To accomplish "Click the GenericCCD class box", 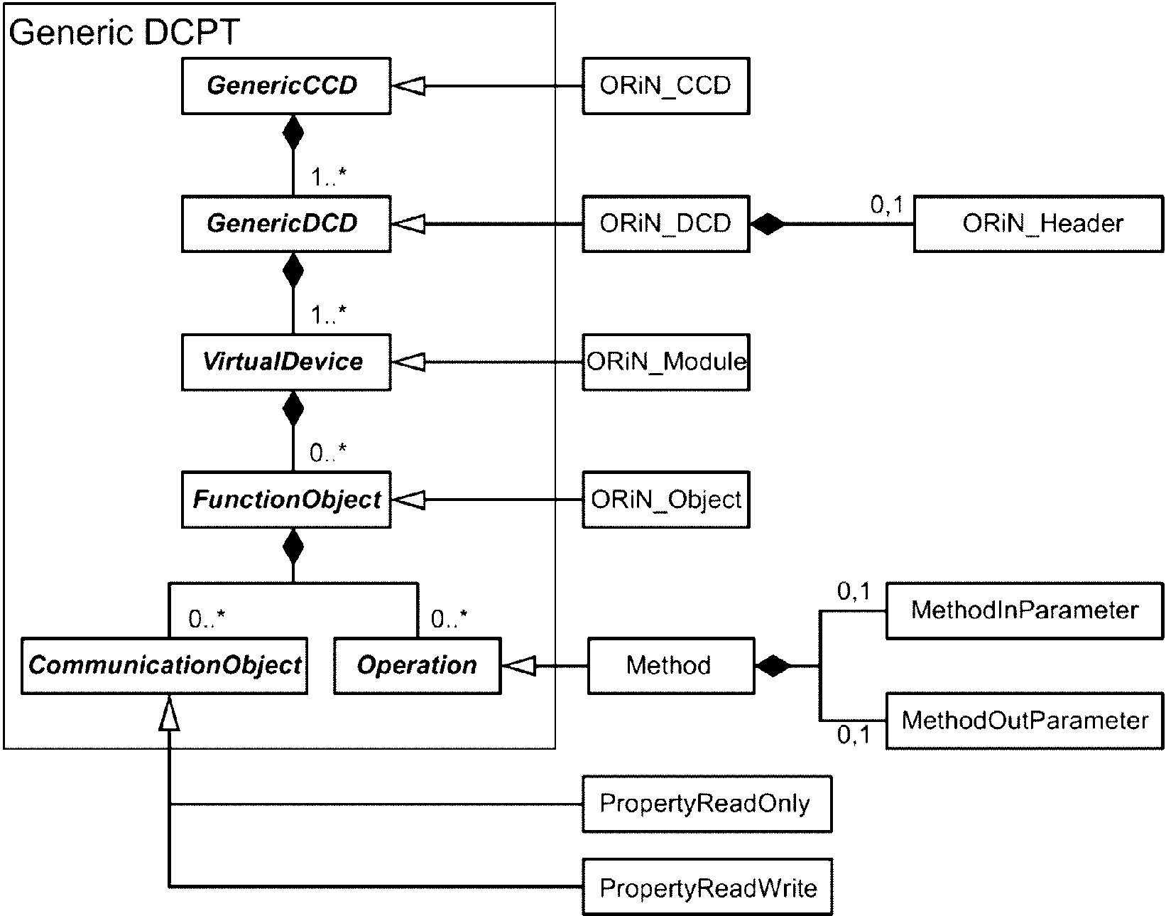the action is [286, 86].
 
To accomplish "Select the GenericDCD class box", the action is [286, 224].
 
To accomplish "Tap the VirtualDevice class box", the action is [286, 362].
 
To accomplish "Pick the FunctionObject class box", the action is [286, 500].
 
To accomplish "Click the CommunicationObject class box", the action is [164, 666].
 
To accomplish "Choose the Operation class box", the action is [418, 666].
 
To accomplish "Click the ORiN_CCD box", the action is [666, 86].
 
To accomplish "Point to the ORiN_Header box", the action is [1039, 224].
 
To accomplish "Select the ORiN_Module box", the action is [666, 362].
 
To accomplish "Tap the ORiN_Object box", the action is [666, 500].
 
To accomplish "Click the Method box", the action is [671, 666].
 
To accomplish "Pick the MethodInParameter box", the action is [1025, 610].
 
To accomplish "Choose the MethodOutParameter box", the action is [1025, 721].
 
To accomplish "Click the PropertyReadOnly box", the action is [707, 804].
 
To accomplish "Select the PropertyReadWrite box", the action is [707, 887].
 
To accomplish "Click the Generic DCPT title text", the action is [124, 32].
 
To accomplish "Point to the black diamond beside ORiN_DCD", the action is [768, 224].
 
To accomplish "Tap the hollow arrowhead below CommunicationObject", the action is [169, 713].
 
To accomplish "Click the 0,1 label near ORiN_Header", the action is [886, 205].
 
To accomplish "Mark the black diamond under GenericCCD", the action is [293, 132].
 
